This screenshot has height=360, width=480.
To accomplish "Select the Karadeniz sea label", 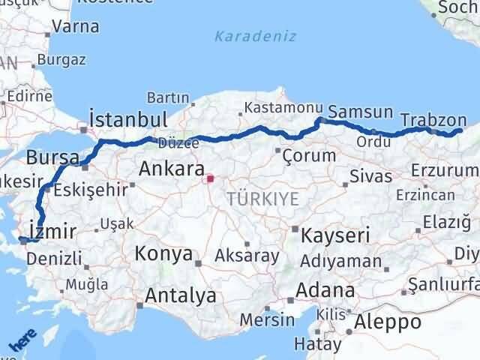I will [255, 36].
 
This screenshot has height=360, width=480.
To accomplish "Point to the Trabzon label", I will [433, 119].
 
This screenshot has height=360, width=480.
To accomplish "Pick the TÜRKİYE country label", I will [262, 199].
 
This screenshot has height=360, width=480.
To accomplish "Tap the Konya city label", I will [163, 253].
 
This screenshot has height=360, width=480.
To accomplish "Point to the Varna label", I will [75, 26].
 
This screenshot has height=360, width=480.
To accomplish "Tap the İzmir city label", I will [50, 229].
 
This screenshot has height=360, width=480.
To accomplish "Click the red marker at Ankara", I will [211, 178].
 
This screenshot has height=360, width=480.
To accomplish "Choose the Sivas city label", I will [370, 177].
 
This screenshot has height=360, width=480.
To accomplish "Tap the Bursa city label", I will [52, 158].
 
